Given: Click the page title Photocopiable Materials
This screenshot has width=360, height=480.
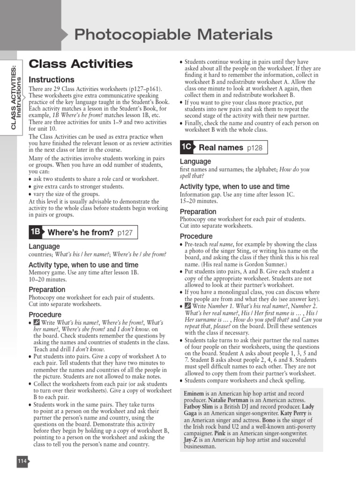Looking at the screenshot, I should click(173, 34).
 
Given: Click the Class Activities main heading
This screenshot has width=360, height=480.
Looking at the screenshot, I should click(81, 64).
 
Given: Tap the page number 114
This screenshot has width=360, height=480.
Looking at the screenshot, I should click(22, 461).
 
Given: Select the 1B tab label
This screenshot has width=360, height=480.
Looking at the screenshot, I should click(36, 232).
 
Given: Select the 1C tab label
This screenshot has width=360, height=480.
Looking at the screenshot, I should click(187, 147).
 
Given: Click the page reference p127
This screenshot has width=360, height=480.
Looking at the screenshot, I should click(125, 232).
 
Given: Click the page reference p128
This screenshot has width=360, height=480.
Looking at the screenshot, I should click(255, 148).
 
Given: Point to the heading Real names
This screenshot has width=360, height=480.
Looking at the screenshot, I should click(221, 148).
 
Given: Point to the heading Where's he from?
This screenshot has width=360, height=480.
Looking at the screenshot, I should click(81, 232).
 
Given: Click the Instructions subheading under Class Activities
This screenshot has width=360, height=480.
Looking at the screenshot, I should click(52, 80).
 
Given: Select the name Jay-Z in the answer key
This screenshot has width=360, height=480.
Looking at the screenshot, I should click(190, 440).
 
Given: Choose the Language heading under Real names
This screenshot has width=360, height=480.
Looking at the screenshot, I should click(195, 162).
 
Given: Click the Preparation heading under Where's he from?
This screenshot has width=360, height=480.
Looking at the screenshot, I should click(47, 290).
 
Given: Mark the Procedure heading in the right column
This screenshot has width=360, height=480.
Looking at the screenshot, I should click(196, 236).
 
